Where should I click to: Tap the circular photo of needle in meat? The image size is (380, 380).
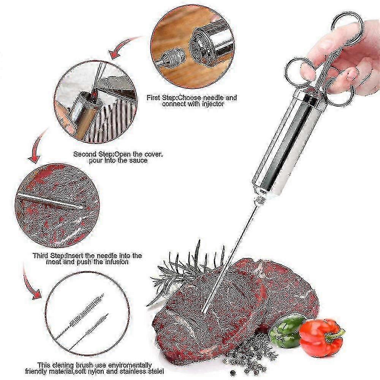point(57,205)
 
